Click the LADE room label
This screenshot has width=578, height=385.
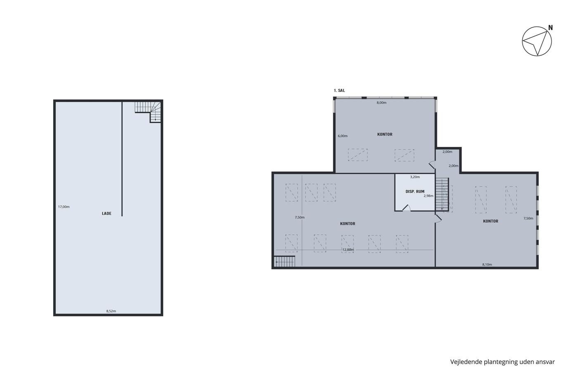tap(107, 213)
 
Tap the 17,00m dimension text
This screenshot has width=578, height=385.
tap(64, 207)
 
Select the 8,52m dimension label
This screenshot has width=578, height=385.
tap(111, 311)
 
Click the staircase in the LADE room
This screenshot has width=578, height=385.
tap(148, 111)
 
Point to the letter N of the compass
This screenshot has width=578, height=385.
tap(550, 28)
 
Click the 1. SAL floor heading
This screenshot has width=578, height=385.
tap(339, 90)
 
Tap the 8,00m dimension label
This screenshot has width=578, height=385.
tap(381, 103)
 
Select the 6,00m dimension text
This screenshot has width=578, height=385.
tap(343, 136)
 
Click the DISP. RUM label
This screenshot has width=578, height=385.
tap(415, 191)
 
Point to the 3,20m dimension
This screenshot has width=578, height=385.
tap(415, 177)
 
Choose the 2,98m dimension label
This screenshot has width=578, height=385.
tap(429, 196)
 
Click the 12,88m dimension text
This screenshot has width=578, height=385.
tap(348, 250)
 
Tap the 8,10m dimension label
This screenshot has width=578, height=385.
tap(487, 265)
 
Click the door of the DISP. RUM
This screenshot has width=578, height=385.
tap(406, 208)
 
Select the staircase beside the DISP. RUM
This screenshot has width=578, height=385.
tap(442, 195)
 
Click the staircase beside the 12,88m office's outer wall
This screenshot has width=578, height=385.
tap(284, 262)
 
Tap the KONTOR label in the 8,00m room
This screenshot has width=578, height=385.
tap(385, 135)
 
